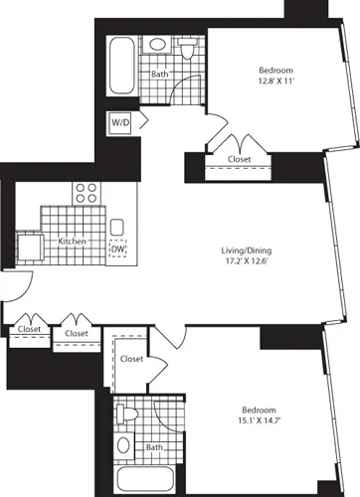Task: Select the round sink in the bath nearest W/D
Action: click(x=158, y=46)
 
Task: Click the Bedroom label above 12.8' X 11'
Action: click(x=275, y=69)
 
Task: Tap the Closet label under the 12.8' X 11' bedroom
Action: click(x=238, y=158)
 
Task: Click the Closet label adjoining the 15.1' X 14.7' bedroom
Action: click(x=133, y=358)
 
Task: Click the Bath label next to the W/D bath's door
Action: click(x=159, y=74)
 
